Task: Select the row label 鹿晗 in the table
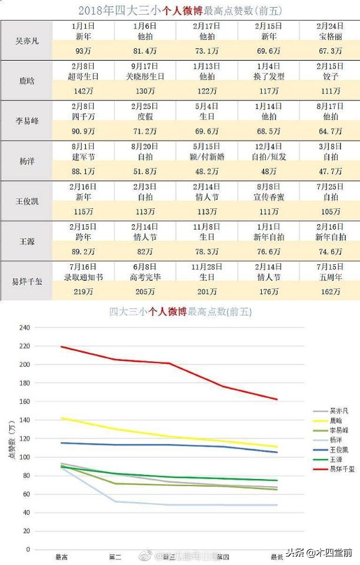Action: pos(26,81)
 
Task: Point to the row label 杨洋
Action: pos(26,161)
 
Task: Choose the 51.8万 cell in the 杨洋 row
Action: pos(144,171)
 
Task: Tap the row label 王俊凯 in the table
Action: pos(26,201)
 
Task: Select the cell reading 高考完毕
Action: pos(144,277)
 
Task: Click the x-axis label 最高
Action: pos(61,556)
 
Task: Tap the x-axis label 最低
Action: pos(276,556)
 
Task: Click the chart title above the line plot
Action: pos(180,312)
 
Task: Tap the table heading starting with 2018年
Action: pos(179,10)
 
